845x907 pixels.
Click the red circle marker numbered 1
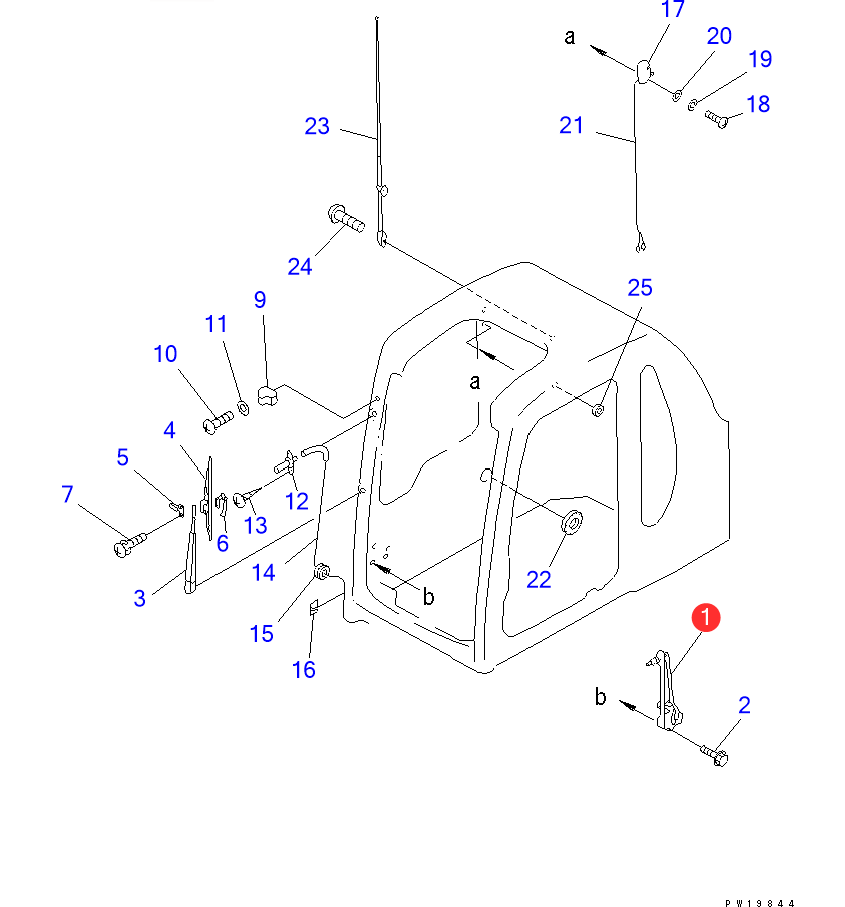[x=706, y=618]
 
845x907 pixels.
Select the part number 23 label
[x=317, y=127]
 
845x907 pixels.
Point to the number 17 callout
[x=673, y=10]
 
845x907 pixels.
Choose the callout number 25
[x=640, y=288]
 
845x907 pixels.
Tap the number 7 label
[x=67, y=494]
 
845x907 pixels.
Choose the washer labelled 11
[x=243, y=410]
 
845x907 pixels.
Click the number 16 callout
[x=304, y=670]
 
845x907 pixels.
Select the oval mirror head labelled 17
[x=644, y=71]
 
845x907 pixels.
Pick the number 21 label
[x=571, y=126]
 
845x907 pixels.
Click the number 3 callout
[x=140, y=598]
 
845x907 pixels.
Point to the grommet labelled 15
[x=322, y=572]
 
